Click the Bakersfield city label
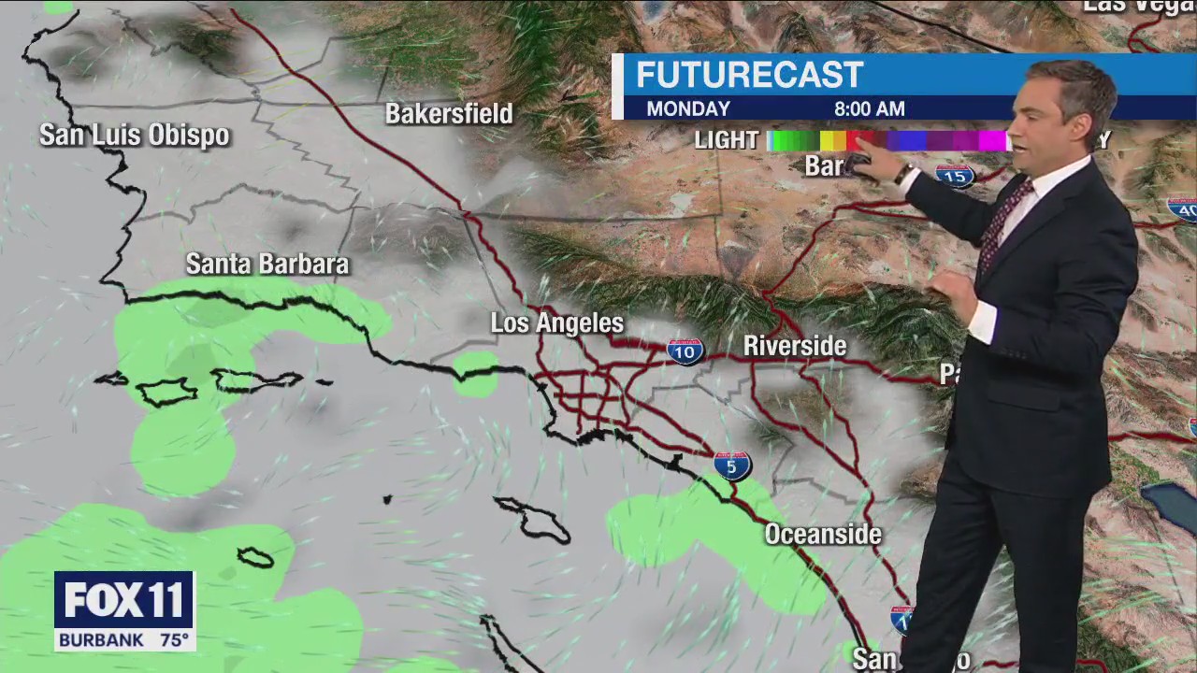449,114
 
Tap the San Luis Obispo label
134,136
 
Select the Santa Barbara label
267,265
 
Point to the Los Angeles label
557,323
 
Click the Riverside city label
795,346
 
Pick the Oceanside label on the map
823,535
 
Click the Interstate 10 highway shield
685,351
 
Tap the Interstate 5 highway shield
731,465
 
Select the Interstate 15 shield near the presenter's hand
955,175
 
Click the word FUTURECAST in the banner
750,76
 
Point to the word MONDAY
688,108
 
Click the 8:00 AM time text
870,108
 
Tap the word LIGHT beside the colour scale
727,140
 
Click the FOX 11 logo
123,600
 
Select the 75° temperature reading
174,641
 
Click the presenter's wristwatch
903,174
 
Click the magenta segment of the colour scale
989,140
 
